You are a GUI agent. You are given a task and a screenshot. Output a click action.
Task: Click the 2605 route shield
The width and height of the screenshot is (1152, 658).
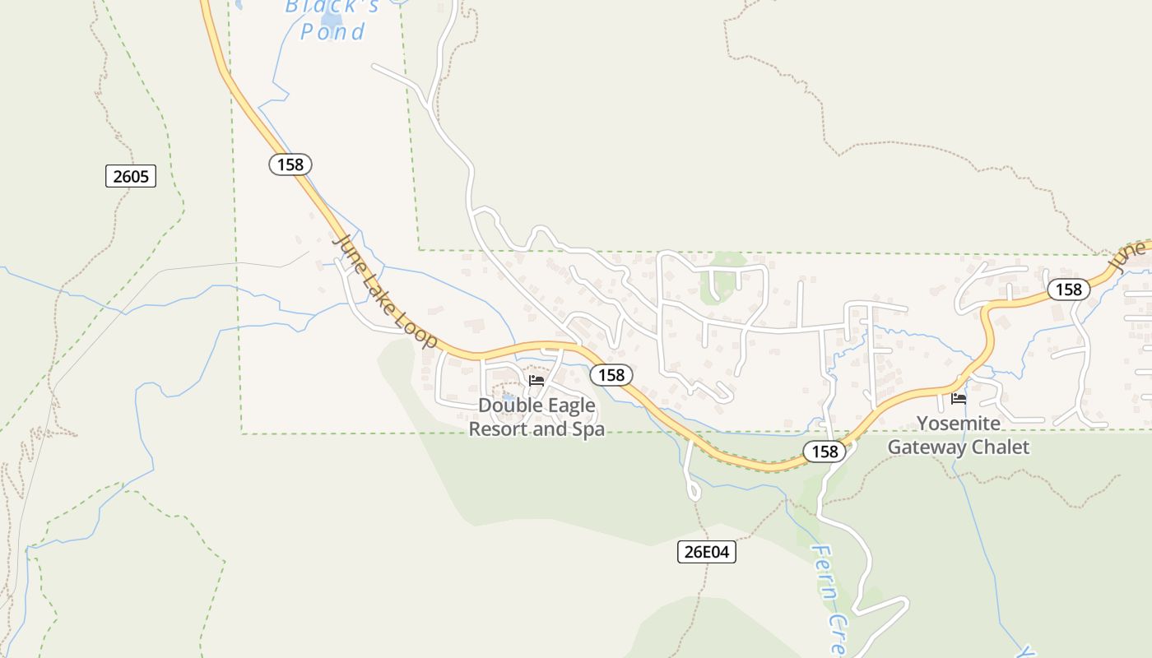coord(131,175)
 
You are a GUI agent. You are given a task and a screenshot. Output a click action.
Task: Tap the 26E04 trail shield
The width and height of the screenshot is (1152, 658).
coord(707,552)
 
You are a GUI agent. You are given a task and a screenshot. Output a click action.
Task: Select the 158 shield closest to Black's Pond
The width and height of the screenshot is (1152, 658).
coord(290,164)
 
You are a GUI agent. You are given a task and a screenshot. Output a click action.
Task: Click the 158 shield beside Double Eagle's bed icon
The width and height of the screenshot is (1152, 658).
coord(611,375)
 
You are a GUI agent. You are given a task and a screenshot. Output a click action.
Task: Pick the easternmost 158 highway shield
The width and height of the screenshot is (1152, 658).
coord(1069,290)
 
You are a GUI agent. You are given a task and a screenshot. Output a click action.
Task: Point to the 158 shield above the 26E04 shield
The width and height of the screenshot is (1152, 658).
coord(824,452)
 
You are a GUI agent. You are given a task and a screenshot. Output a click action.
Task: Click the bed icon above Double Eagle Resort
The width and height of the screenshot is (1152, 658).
coord(537,380)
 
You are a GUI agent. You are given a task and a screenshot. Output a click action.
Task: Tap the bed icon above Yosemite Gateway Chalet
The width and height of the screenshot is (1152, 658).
coord(959,399)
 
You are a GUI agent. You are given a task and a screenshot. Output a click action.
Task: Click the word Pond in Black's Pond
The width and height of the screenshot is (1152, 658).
coord(332,32)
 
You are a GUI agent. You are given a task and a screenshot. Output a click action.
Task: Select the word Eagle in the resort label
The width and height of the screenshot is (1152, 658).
coord(569,405)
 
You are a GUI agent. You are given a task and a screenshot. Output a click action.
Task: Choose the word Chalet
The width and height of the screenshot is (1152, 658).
coord(1001,447)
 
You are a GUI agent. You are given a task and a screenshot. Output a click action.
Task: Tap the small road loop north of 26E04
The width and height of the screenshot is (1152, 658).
coord(693,492)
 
